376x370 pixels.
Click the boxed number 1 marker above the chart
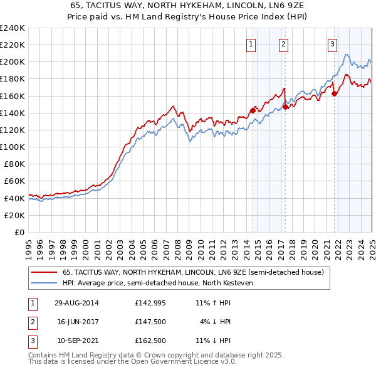coord(251,44)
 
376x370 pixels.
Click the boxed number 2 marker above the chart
coord(283,44)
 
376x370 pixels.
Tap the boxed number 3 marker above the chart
coord(332,44)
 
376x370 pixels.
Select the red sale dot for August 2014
coord(253,110)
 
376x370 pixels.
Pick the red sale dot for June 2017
coord(285,107)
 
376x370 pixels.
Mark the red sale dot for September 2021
coord(334,93)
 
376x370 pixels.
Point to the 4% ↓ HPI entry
coord(216,322)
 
